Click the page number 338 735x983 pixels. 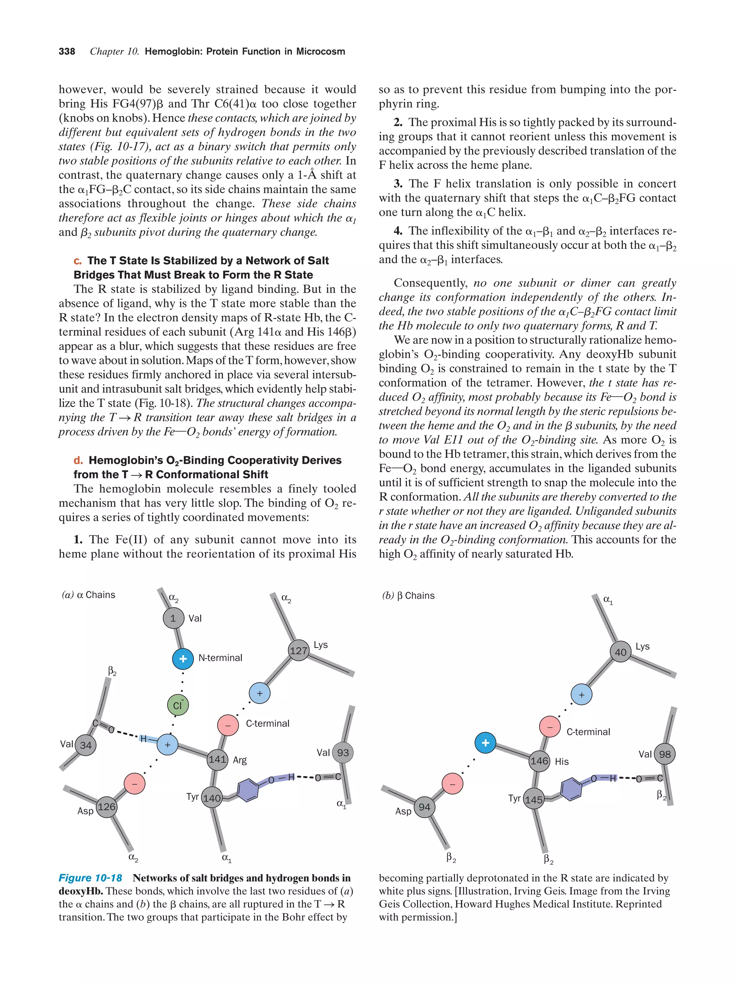(x=67, y=52)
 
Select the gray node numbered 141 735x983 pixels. (x=217, y=759)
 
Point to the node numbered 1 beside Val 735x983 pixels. (x=173, y=618)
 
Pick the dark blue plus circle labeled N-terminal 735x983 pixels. (x=183, y=658)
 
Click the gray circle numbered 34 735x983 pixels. (x=85, y=745)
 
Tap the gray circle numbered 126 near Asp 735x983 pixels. (x=106, y=807)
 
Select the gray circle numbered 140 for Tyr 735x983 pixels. (x=212, y=798)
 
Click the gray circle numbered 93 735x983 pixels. (x=343, y=753)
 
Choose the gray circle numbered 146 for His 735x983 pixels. (x=539, y=761)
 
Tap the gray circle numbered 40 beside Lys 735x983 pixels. (x=620, y=652)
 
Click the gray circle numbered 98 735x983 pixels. (x=665, y=754)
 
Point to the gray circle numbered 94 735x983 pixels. (x=424, y=807)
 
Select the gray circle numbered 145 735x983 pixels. (x=534, y=799)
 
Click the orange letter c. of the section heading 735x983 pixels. (x=78, y=261)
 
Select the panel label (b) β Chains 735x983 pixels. (x=408, y=595)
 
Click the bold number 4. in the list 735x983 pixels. (x=398, y=231)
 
